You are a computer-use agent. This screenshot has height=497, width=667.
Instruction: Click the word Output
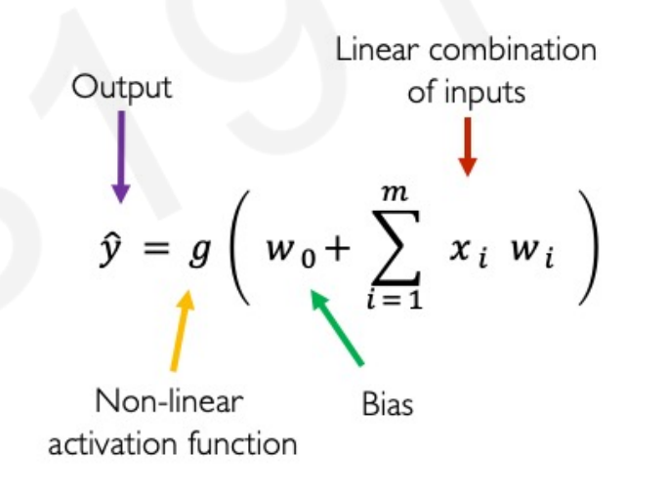click(x=122, y=87)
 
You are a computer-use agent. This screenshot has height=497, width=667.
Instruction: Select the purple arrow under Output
click(x=121, y=156)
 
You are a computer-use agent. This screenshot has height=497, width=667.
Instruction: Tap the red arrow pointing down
click(x=467, y=146)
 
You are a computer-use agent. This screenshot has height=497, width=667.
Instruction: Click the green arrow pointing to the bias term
click(x=337, y=327)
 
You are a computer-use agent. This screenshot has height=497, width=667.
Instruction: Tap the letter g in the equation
click(x=199, y=253)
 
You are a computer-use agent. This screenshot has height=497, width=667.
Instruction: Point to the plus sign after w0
click(x=337, y=252)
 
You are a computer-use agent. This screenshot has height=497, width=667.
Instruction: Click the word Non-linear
click(x=171, y=401)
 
